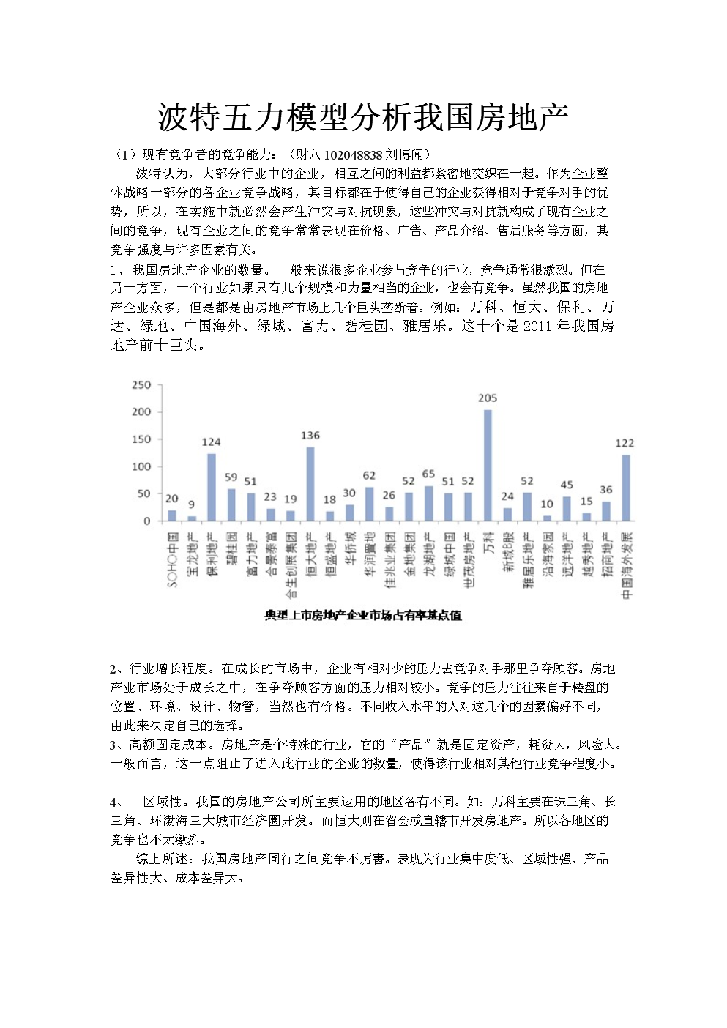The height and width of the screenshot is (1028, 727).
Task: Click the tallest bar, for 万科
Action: pyautogui.click(x=488, y=465)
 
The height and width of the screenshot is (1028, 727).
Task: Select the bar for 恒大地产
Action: pyautogui.click(x=310, y=484)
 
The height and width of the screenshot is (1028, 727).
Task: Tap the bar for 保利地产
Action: pyautogui.click(x=212, y=487)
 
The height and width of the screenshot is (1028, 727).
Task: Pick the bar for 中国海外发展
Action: pyautogui.click(x=626, y=488)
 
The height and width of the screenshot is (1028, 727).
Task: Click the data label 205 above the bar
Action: pyautogui.click(x=488, y=398)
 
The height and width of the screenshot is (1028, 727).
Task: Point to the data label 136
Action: pyautogui.click(x=310, y=436)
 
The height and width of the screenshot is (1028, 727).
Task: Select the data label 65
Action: pyautogui.click(x=428, y=474)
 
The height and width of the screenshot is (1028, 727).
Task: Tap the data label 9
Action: pyautogui.click(x=192, y=504)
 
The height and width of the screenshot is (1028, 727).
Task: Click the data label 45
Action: pyautogui.click(x=567, y=485)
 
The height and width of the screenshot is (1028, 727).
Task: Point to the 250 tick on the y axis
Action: pyautogui.click(x=141, y=384)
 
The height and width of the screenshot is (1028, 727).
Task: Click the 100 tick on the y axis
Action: pyautogui.click(x=141, y=466)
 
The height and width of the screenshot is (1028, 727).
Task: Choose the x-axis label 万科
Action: pyautogui.click(x=488, y=543)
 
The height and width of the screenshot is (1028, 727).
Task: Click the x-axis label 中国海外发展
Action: pyautogui.click(x=627, y=566)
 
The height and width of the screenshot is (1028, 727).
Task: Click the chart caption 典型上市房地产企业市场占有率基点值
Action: pyautogui.click(x=363, y=616)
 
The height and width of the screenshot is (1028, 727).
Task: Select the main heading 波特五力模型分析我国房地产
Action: pyautogui.click(x=363, y=117)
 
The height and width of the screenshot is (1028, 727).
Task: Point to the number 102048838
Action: pyautogui.click(x=353, y=154)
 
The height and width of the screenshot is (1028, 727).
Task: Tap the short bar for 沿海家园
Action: pyautogui.click(x=547, y=518)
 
